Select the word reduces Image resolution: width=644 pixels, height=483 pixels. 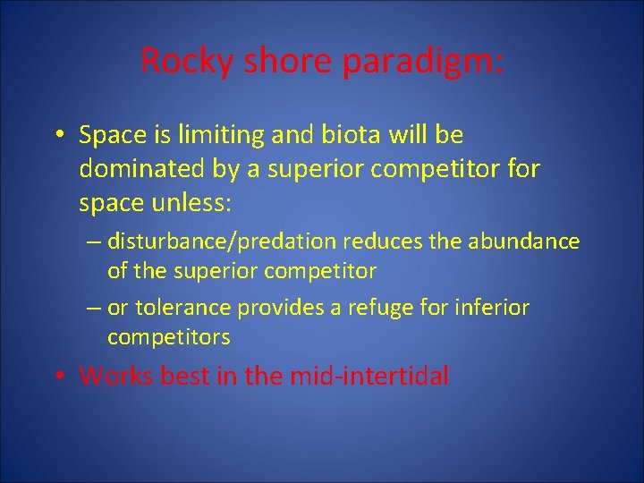402,241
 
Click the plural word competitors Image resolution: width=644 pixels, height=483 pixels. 168,337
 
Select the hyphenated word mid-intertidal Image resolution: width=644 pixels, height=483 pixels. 369,376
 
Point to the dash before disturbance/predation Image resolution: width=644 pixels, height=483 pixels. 94,242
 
